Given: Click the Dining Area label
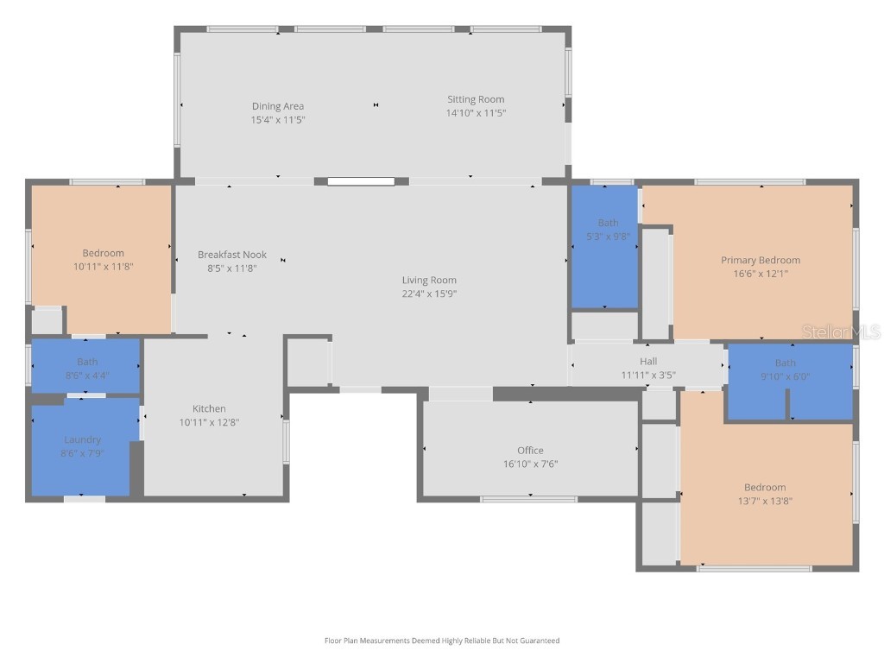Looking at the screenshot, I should pos(277,106).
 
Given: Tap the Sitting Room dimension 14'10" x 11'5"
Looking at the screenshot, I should pos(476,113).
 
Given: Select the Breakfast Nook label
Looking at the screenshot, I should pos(231,255).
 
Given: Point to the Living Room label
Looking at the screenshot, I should pos(429,280).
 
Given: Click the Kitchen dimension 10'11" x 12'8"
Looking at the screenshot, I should pos(209,422).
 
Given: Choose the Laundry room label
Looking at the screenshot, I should pos(82,439).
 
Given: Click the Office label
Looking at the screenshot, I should pos(530,450).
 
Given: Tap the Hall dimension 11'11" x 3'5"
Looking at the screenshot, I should pos(648,375).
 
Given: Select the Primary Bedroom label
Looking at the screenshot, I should pos(761,260).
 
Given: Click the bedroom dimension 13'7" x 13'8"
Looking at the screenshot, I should pos(765,501).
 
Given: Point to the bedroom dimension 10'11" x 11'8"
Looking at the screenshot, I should pos(103,267).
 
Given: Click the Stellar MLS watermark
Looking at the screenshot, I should pos(841,331).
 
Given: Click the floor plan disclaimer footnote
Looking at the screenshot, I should pos(441,641).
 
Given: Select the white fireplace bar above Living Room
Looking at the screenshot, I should pos(361,181).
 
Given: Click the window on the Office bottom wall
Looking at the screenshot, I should pos(528,499).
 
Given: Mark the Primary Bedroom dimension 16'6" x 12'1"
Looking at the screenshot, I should pos(761,274).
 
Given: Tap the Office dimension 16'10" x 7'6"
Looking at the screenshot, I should pos(530,464).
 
